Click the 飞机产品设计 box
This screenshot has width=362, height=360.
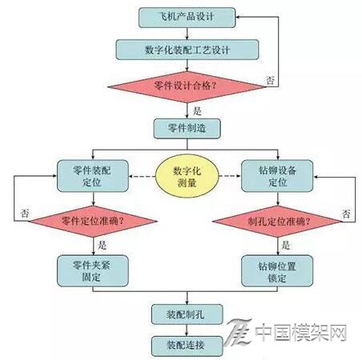(x=187, y=18)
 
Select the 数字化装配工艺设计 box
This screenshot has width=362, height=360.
(x=187, y=50)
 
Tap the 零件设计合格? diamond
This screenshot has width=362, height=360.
(x=187, y=86)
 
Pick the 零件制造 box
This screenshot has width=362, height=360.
(x=187, y=129)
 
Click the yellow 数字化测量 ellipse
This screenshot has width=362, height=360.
(x=187, y=176)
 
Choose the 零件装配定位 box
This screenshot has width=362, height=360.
(x=92, y=176)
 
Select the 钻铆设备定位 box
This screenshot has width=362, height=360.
(x=277, y=176)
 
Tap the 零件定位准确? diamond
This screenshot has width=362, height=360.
(x=93, y=221)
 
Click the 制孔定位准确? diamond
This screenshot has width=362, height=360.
(x=278, y=221)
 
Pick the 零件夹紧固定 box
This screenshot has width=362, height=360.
(x=92, y=271)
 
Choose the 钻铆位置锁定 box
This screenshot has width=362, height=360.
(x=277, y=271)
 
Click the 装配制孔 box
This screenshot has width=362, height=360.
(x=187, y=314)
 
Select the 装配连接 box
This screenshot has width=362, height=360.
(x=187, y=346)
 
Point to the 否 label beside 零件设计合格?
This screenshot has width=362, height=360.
(x=270, y=80)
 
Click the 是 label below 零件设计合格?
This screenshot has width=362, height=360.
(x=197, y=111)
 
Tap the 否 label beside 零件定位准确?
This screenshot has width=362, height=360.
(x=25, y=214)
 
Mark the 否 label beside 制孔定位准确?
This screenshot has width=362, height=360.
(x=346, y=214)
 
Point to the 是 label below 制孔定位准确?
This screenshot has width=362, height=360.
(x=286, y=245)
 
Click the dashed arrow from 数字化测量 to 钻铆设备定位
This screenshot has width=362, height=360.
(x=230, y=176)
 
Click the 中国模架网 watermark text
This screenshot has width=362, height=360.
(x=301, y=333)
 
